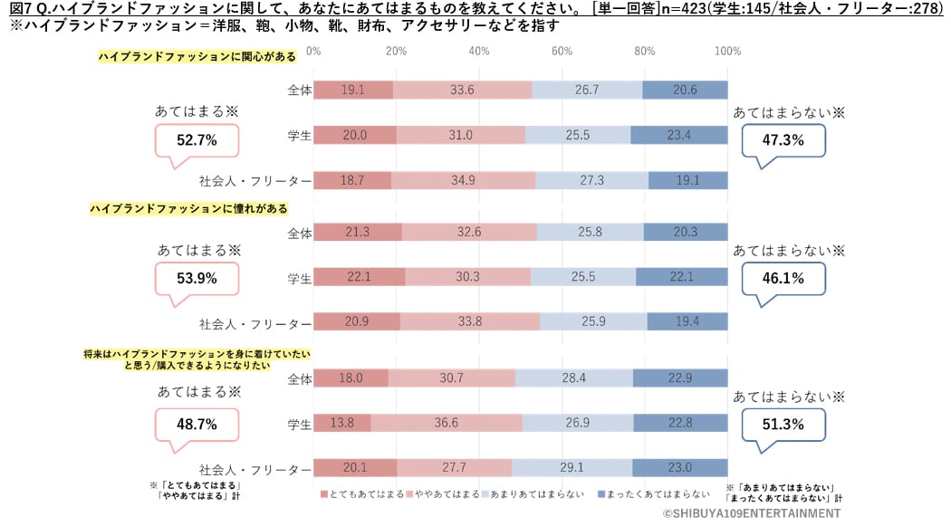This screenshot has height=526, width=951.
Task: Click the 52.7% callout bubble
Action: click(197, 140)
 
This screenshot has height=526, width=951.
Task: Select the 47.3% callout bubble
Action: click(784, 141)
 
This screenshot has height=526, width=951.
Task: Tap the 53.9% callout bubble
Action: click(197, 279)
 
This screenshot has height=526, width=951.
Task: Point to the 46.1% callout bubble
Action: click(784, 279)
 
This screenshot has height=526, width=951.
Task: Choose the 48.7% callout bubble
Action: click(197, 424)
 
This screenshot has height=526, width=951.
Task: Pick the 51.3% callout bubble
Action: click(784, 424)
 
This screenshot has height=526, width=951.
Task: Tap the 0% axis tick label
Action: click(314, 51)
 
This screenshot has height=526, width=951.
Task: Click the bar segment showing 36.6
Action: click(446, 423)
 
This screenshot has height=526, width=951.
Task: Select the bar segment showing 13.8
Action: click(342, 423)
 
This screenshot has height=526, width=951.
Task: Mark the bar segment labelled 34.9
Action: click(464, 180)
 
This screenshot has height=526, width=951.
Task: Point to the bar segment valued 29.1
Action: click(572, 467)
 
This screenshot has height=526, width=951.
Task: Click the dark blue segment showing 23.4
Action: click(679, 135)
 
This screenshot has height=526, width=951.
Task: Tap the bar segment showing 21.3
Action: click(358, 233)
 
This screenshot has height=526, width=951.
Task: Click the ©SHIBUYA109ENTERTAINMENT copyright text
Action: click(751, 513)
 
